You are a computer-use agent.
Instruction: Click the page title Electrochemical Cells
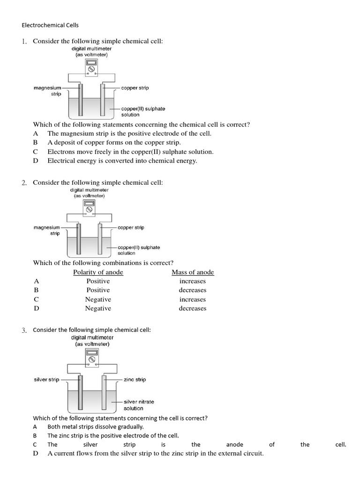point(50,25)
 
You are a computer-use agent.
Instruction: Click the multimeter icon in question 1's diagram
point(91,67)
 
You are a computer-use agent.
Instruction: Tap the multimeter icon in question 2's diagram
point(89,208)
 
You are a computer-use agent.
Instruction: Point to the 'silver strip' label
point(46,379)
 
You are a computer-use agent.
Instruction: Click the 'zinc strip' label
point(135,379)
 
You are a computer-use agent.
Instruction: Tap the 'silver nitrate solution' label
point(138,405)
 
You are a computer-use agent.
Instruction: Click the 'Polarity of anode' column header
point(98,272)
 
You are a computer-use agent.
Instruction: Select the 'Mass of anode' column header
point(193,272)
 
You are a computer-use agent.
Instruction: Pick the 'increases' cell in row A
point(193,281)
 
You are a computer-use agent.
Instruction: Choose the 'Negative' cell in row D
point(98,308)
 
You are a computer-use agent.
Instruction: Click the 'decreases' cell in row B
point(193,290)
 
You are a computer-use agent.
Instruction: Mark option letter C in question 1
point(35,152)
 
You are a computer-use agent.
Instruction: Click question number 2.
point(24,183)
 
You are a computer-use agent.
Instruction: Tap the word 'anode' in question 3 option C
point(234,444)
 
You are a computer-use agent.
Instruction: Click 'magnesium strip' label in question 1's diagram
point(47,90)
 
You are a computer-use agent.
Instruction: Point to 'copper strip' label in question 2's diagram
point(131,227)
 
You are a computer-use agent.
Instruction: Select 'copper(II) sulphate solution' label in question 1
point(143,112)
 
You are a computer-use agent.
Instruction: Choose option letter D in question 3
point(35,454)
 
